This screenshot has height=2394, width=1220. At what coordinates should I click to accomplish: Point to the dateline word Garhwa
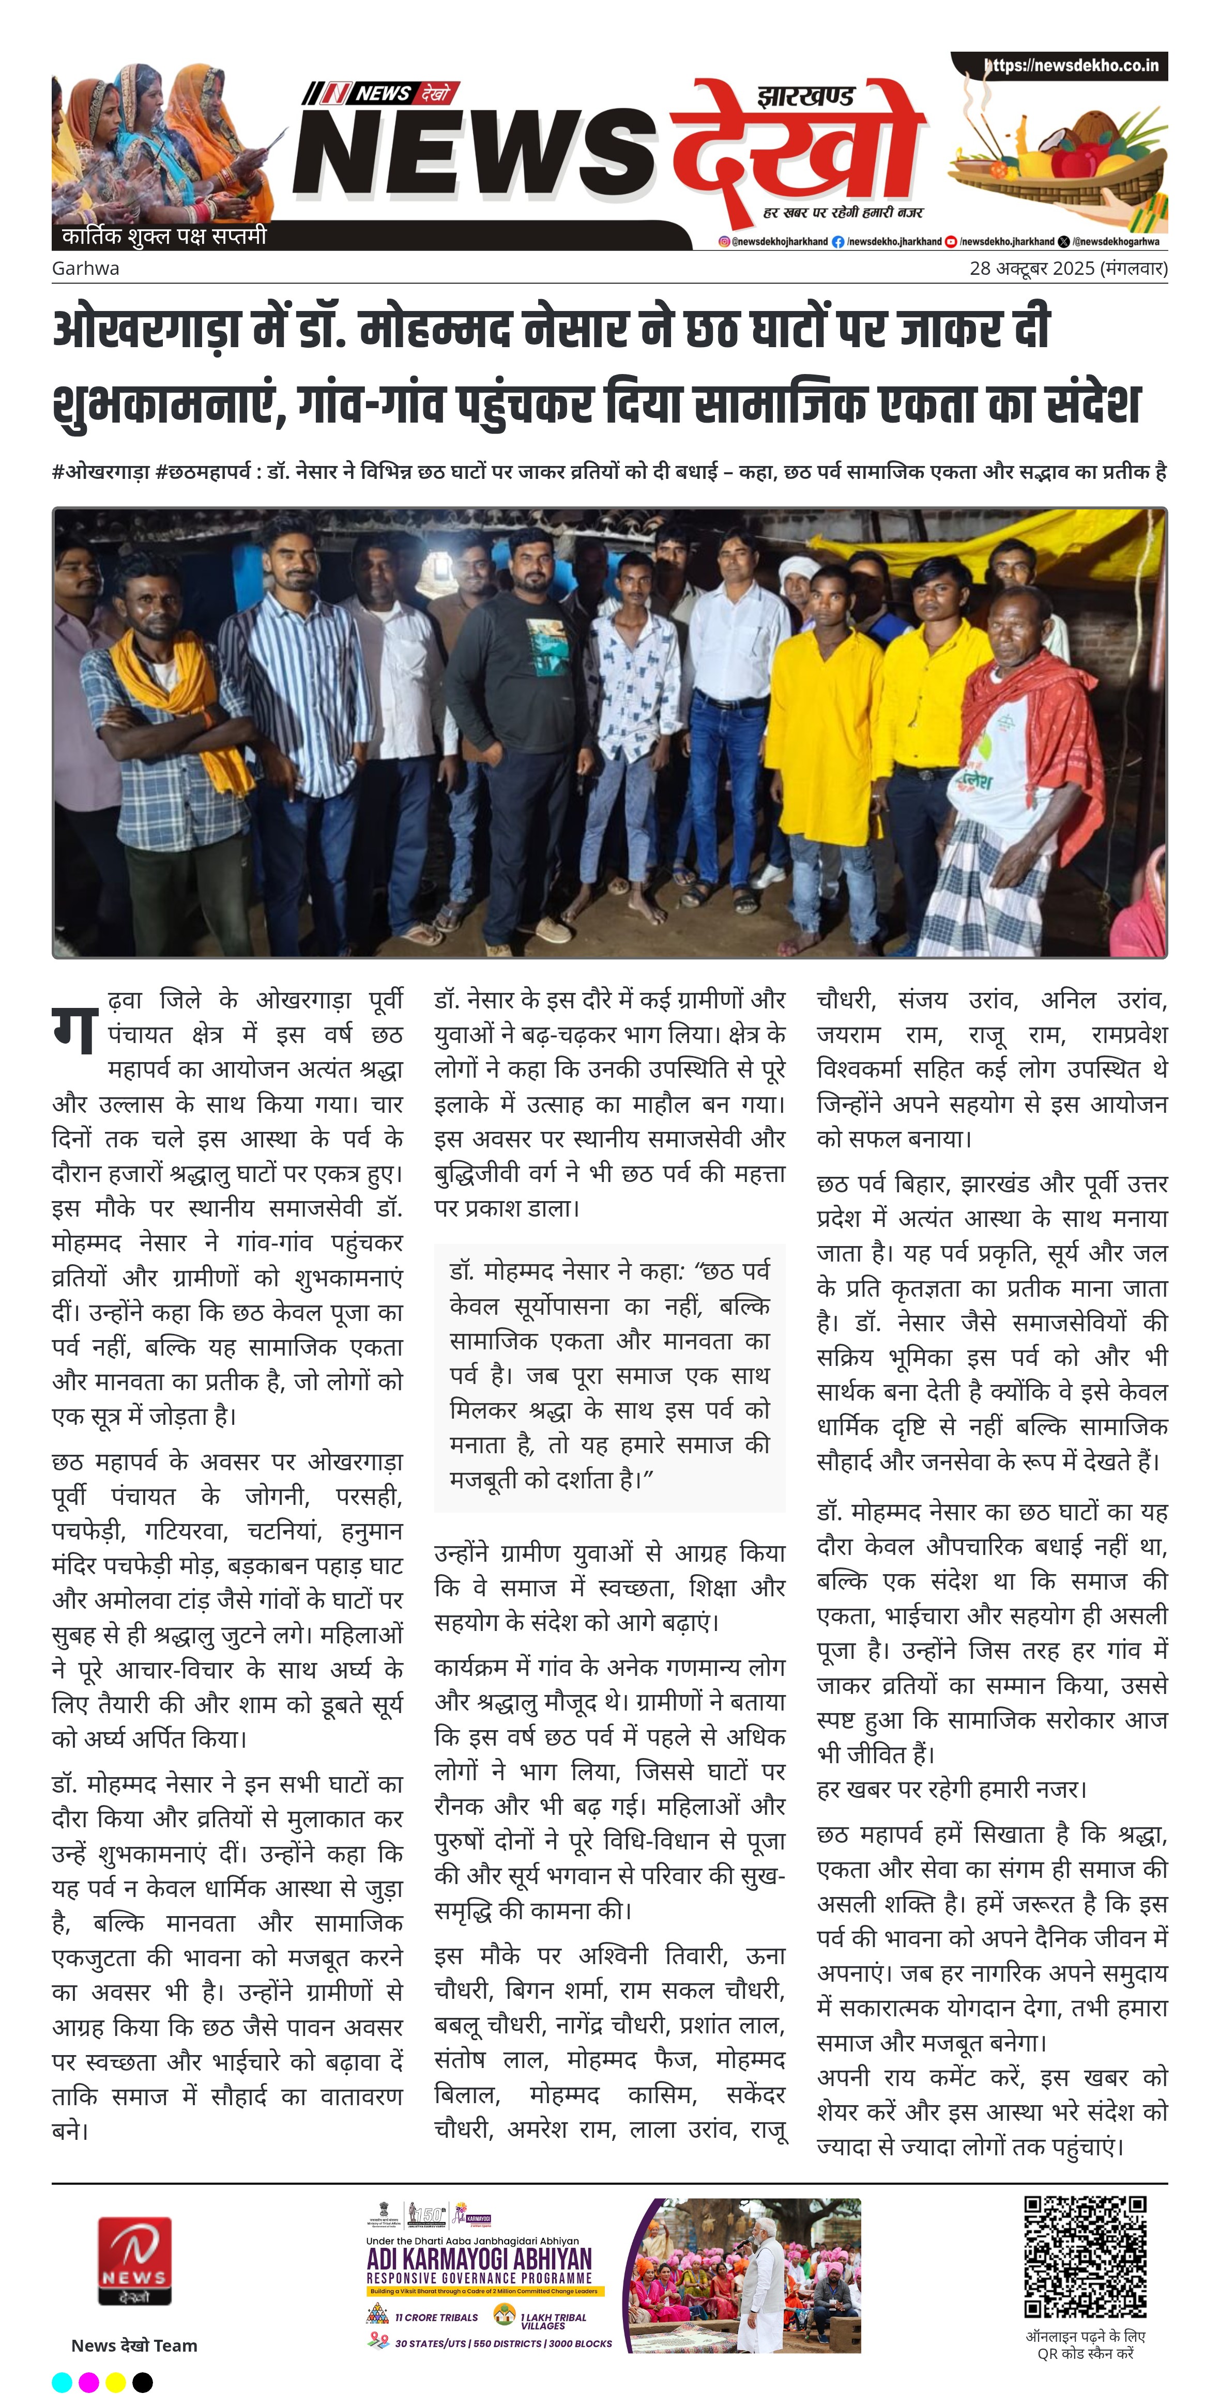coord(85,269)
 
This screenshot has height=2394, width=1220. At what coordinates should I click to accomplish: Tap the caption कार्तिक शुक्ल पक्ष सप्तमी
coord(164,236)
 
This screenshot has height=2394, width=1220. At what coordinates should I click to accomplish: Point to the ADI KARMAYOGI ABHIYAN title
coord(479,2258)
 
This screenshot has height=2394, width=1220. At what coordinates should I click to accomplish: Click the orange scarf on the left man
coord(186,706)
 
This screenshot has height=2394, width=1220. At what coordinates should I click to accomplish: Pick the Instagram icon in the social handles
coord(723,242)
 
